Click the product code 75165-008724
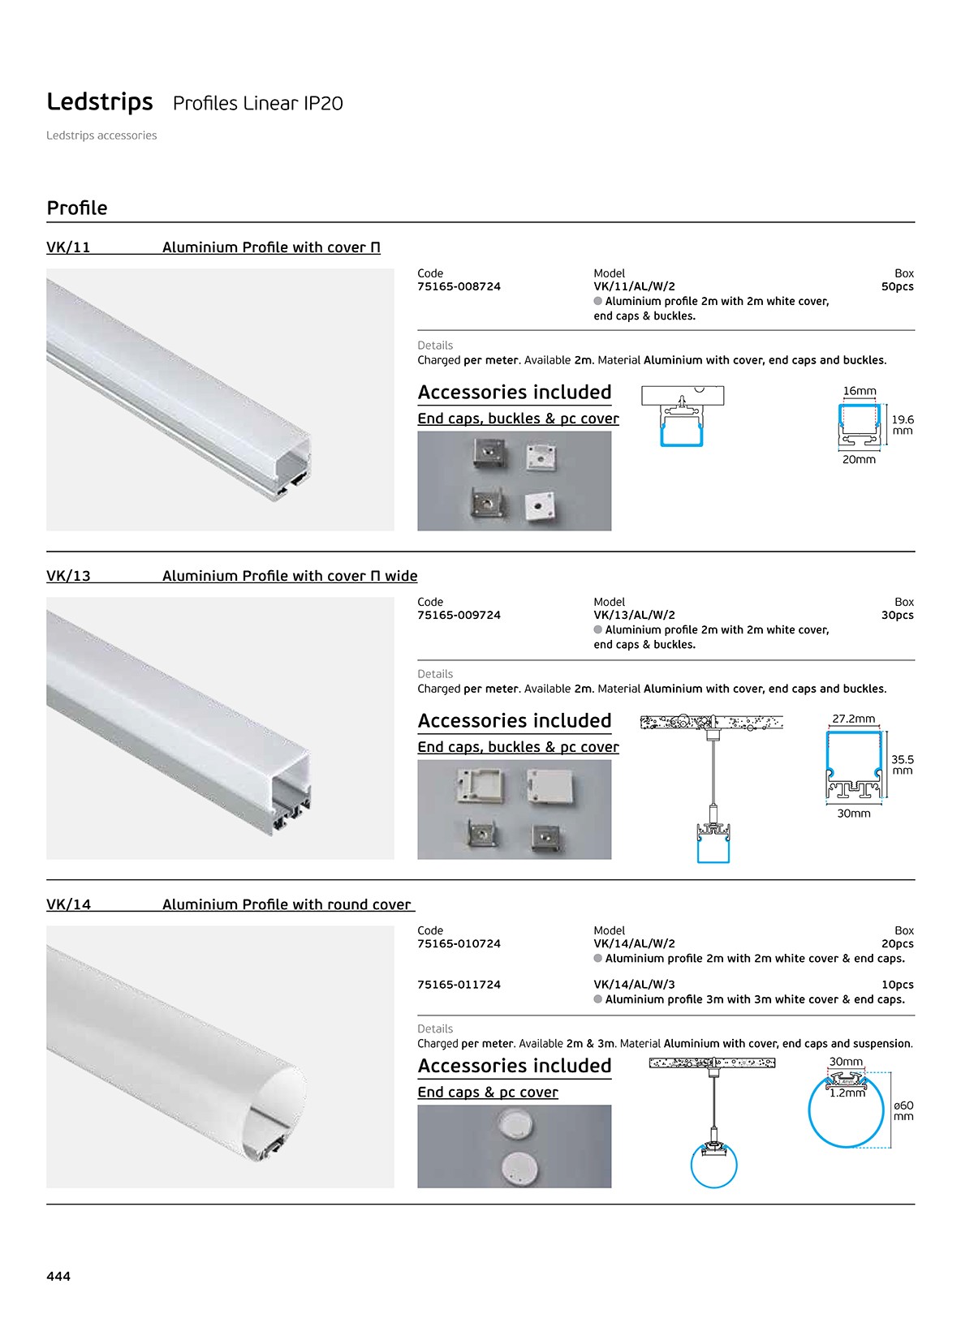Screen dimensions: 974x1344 pyautogui.click(x=459, y=287)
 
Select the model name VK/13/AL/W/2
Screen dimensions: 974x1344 pyautogui.click(x=634, y=615)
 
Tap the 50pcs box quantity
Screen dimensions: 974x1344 pyautogui.click(x=897, y=287)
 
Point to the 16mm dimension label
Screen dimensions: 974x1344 pyautogui.click(x=860, y=391)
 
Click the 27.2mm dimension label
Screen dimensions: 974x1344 pyautogui.click(x=853, y=719)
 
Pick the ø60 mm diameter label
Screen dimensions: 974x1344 pyautogui.click(x=903, y=1110)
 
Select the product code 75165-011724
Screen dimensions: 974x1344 pyautogui.click(x=459, y=985)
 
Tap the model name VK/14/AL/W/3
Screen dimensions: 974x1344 pyautogui.click(x=634, y=985)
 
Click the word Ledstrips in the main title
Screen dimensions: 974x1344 pyautogui.click(x=100, y=101)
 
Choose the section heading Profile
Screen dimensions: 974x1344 pyautogui.click(x=77, y=208)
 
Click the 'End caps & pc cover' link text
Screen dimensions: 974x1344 pyautogui.click(x=488, y=1092)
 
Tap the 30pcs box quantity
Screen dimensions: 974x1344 pyautogui.click(x=897, y=615)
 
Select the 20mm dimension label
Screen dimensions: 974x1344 pyautogui.click(x=859, y=460)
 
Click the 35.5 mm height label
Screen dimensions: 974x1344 pyautogui.click(x=902, y=765)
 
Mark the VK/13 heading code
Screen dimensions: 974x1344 pyautogui.click(x=68, y=576)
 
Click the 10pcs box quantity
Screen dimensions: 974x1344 pyautogui.click(x=897, y=985)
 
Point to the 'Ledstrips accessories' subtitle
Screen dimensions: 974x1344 pyautogui.click(x=101, y=135)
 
